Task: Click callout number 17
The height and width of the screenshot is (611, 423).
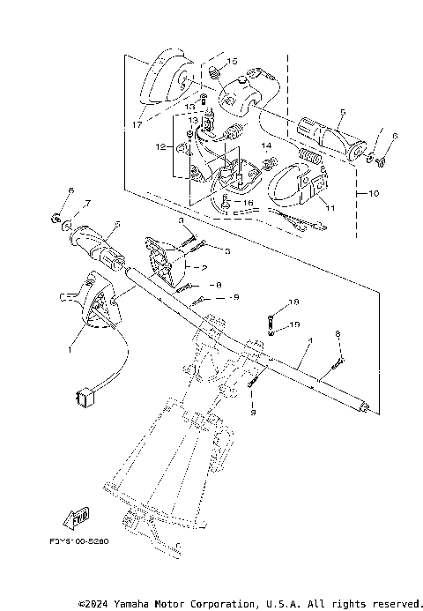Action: coord(135,125)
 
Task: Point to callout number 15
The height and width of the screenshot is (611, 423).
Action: coord(234,61)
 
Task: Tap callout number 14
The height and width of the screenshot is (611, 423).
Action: coord(265,145)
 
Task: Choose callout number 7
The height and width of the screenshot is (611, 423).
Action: coord(76,205)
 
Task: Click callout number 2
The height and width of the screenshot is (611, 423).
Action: coord(204,266)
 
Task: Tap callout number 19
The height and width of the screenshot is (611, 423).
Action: coord(294,324)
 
